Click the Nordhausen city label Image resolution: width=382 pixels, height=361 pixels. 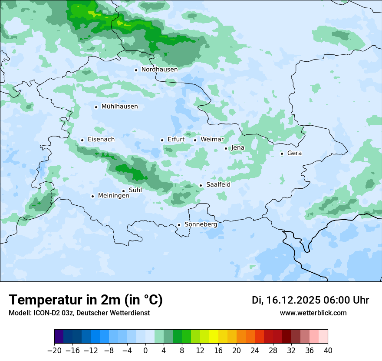click(x=159, y=69)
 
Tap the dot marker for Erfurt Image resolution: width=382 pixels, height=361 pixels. click(x=162, y=140)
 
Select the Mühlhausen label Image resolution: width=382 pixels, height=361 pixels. click(x=119, y=107)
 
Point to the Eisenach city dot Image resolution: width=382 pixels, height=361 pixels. click(x=82, y=140)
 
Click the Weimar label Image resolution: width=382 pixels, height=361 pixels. click(x=212, y=139)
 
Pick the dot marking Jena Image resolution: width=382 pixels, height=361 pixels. click(x=226, y=148)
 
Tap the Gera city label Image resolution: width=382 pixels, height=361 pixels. click(x=294, y=153)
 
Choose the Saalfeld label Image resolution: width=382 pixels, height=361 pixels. click(x=218, y=184)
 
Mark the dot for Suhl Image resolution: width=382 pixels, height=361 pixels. click(x=123, y=191)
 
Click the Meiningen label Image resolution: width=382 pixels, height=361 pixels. click(x=114, y=196)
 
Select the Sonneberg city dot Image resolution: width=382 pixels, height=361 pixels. click(x=179, y=225)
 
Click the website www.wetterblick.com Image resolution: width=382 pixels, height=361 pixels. click(x=313, y=313)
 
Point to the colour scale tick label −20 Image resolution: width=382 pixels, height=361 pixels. click(x=54, y=351)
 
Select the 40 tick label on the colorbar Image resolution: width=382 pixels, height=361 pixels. click(x=328, y=351)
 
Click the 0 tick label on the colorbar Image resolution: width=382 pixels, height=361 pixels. click(x=145, y=351)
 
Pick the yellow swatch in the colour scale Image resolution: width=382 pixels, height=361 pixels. click(x=214, y=337)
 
